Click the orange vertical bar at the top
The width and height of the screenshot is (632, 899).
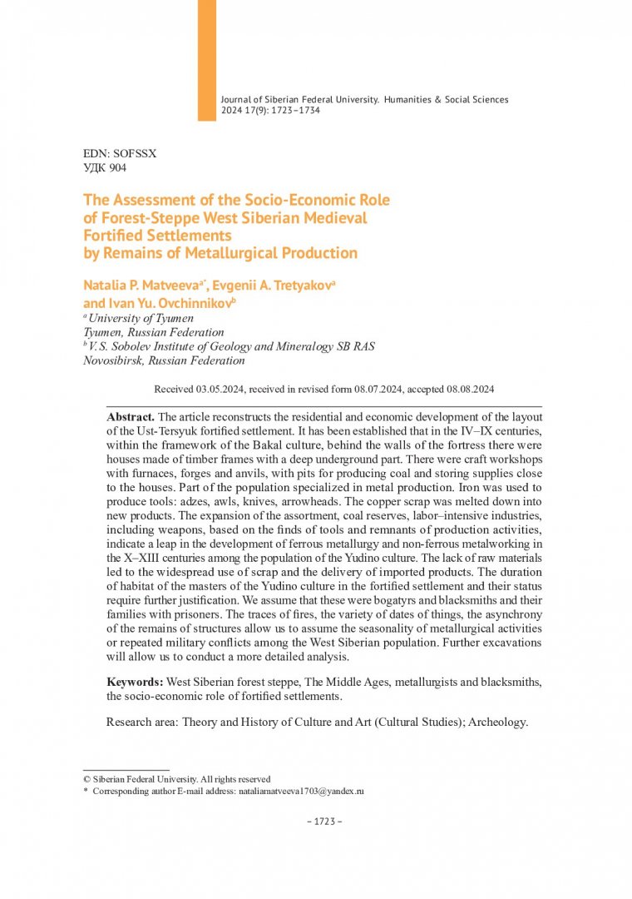point(206,60)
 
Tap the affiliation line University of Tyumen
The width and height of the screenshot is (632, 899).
point(141,318)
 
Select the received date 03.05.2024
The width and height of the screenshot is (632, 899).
point(222,390)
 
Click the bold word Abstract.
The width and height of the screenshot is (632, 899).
point(131,416)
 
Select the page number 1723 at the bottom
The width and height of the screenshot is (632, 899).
point(319,822)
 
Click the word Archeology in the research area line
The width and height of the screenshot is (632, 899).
point(497,722)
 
